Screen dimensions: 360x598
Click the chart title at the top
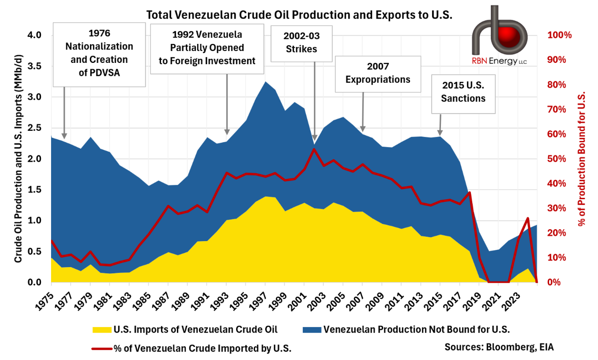point(299,15)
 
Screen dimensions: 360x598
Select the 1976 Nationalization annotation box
point(99,53)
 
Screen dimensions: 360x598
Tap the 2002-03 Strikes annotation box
point(301,43)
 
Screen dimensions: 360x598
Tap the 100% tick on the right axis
point(559,35)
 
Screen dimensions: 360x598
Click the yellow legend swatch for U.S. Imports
point(102,330)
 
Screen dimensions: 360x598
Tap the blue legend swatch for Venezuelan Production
point(312,330)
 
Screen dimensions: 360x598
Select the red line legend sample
point(102,349)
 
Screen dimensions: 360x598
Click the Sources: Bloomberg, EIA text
point(499,347)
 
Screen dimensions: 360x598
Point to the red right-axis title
point(582,158)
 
